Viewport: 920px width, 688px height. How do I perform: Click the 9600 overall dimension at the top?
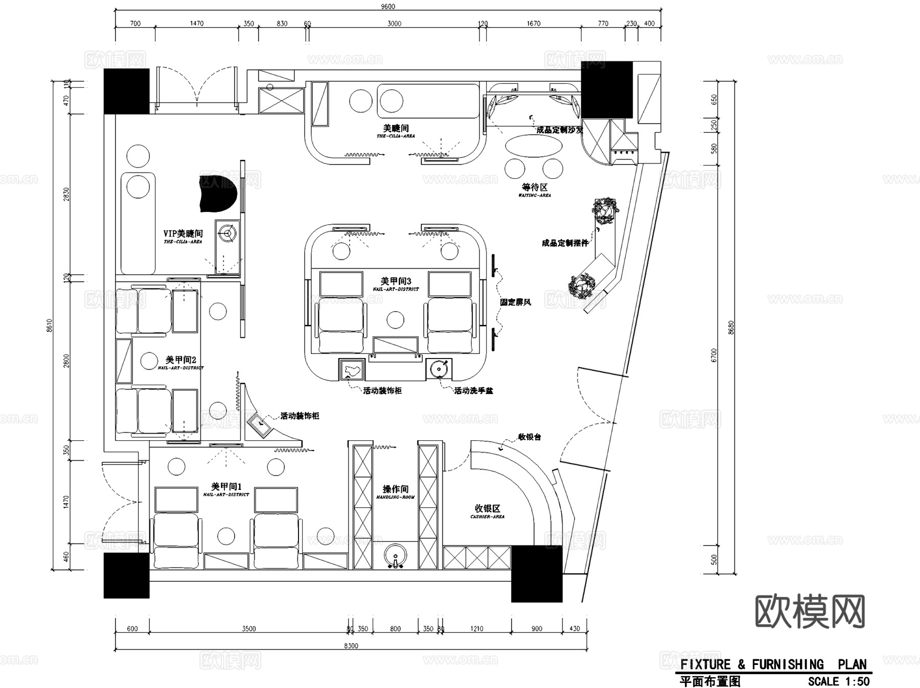coord(388,6)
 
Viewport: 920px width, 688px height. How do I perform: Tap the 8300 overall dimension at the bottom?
coord(351,646)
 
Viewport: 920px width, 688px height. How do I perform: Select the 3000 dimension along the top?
coord(394,23)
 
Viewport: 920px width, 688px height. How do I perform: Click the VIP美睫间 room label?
coord(183,233)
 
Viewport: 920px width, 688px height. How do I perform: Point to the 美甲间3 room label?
coord(396,281)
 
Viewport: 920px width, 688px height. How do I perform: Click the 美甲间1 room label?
coord(226,487)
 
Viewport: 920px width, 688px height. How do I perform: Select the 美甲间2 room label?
coord(180,360)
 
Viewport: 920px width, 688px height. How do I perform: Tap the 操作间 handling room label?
coord(396,489)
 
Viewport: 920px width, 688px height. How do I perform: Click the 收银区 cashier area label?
coord(487,509)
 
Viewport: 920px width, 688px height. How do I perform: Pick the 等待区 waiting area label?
coord(535,187)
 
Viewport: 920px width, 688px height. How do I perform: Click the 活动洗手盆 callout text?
coord(473,391)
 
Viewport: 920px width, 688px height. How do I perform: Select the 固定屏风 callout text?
coord(515,302)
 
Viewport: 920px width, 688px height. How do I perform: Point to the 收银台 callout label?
coord(529,437)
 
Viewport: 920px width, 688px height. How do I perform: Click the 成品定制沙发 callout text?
coord(559,130)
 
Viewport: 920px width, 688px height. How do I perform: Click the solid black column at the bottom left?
coord(126,576)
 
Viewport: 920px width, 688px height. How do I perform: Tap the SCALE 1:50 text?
coord(838,681)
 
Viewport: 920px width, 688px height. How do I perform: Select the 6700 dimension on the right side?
coord(714,355)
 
